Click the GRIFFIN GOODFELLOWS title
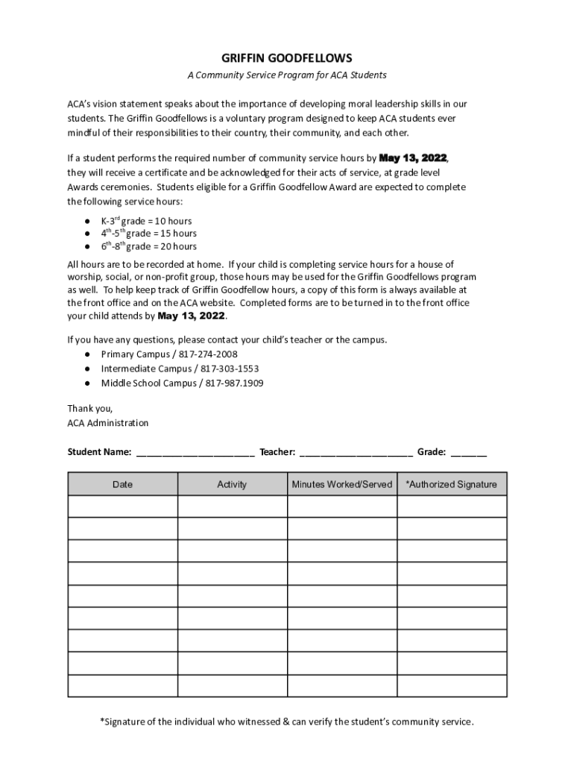(286, 57)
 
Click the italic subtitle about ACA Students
(286, 75)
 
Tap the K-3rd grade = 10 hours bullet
(146, 221)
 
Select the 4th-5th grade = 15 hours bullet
(148, 234)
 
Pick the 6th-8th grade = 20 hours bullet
(148, 246)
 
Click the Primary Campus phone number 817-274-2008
(208, 354)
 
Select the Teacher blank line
(356, 452)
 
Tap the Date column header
(122, 484)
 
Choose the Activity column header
(232, 484)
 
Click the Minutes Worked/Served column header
(341, 484)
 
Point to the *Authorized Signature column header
(451, 484)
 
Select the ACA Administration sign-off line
(108, 423)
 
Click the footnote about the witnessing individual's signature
(286, 721)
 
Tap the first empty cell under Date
(122, 507)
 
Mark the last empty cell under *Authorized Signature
(451, 686)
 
